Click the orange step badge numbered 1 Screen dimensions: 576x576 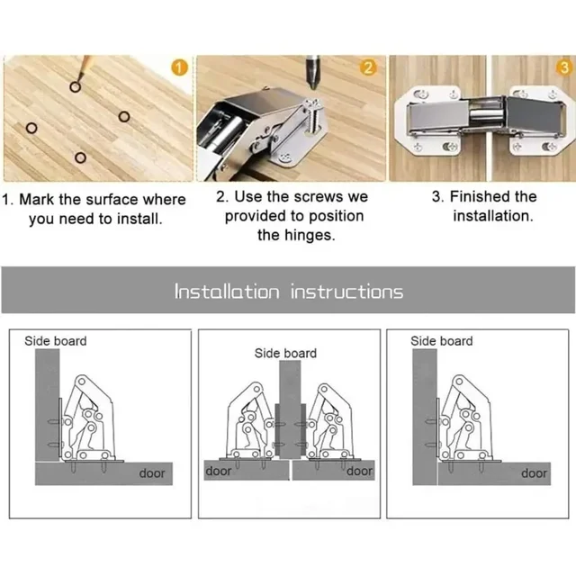coord(179,67)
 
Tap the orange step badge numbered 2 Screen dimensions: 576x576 coord(368,67)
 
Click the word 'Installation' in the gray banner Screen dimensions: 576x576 coord(227,292)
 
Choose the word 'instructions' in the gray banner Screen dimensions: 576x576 coord(346,292)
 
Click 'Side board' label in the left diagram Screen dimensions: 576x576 coord(55,341)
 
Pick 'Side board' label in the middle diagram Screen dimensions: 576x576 coord(285,354)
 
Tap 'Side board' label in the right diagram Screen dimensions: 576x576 coord(442,341)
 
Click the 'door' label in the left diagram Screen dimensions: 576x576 coord(152,472)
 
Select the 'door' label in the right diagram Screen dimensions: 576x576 coord(535,472)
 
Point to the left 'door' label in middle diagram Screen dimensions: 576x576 coord(219,471)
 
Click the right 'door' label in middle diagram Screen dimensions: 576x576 coord(359,471)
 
